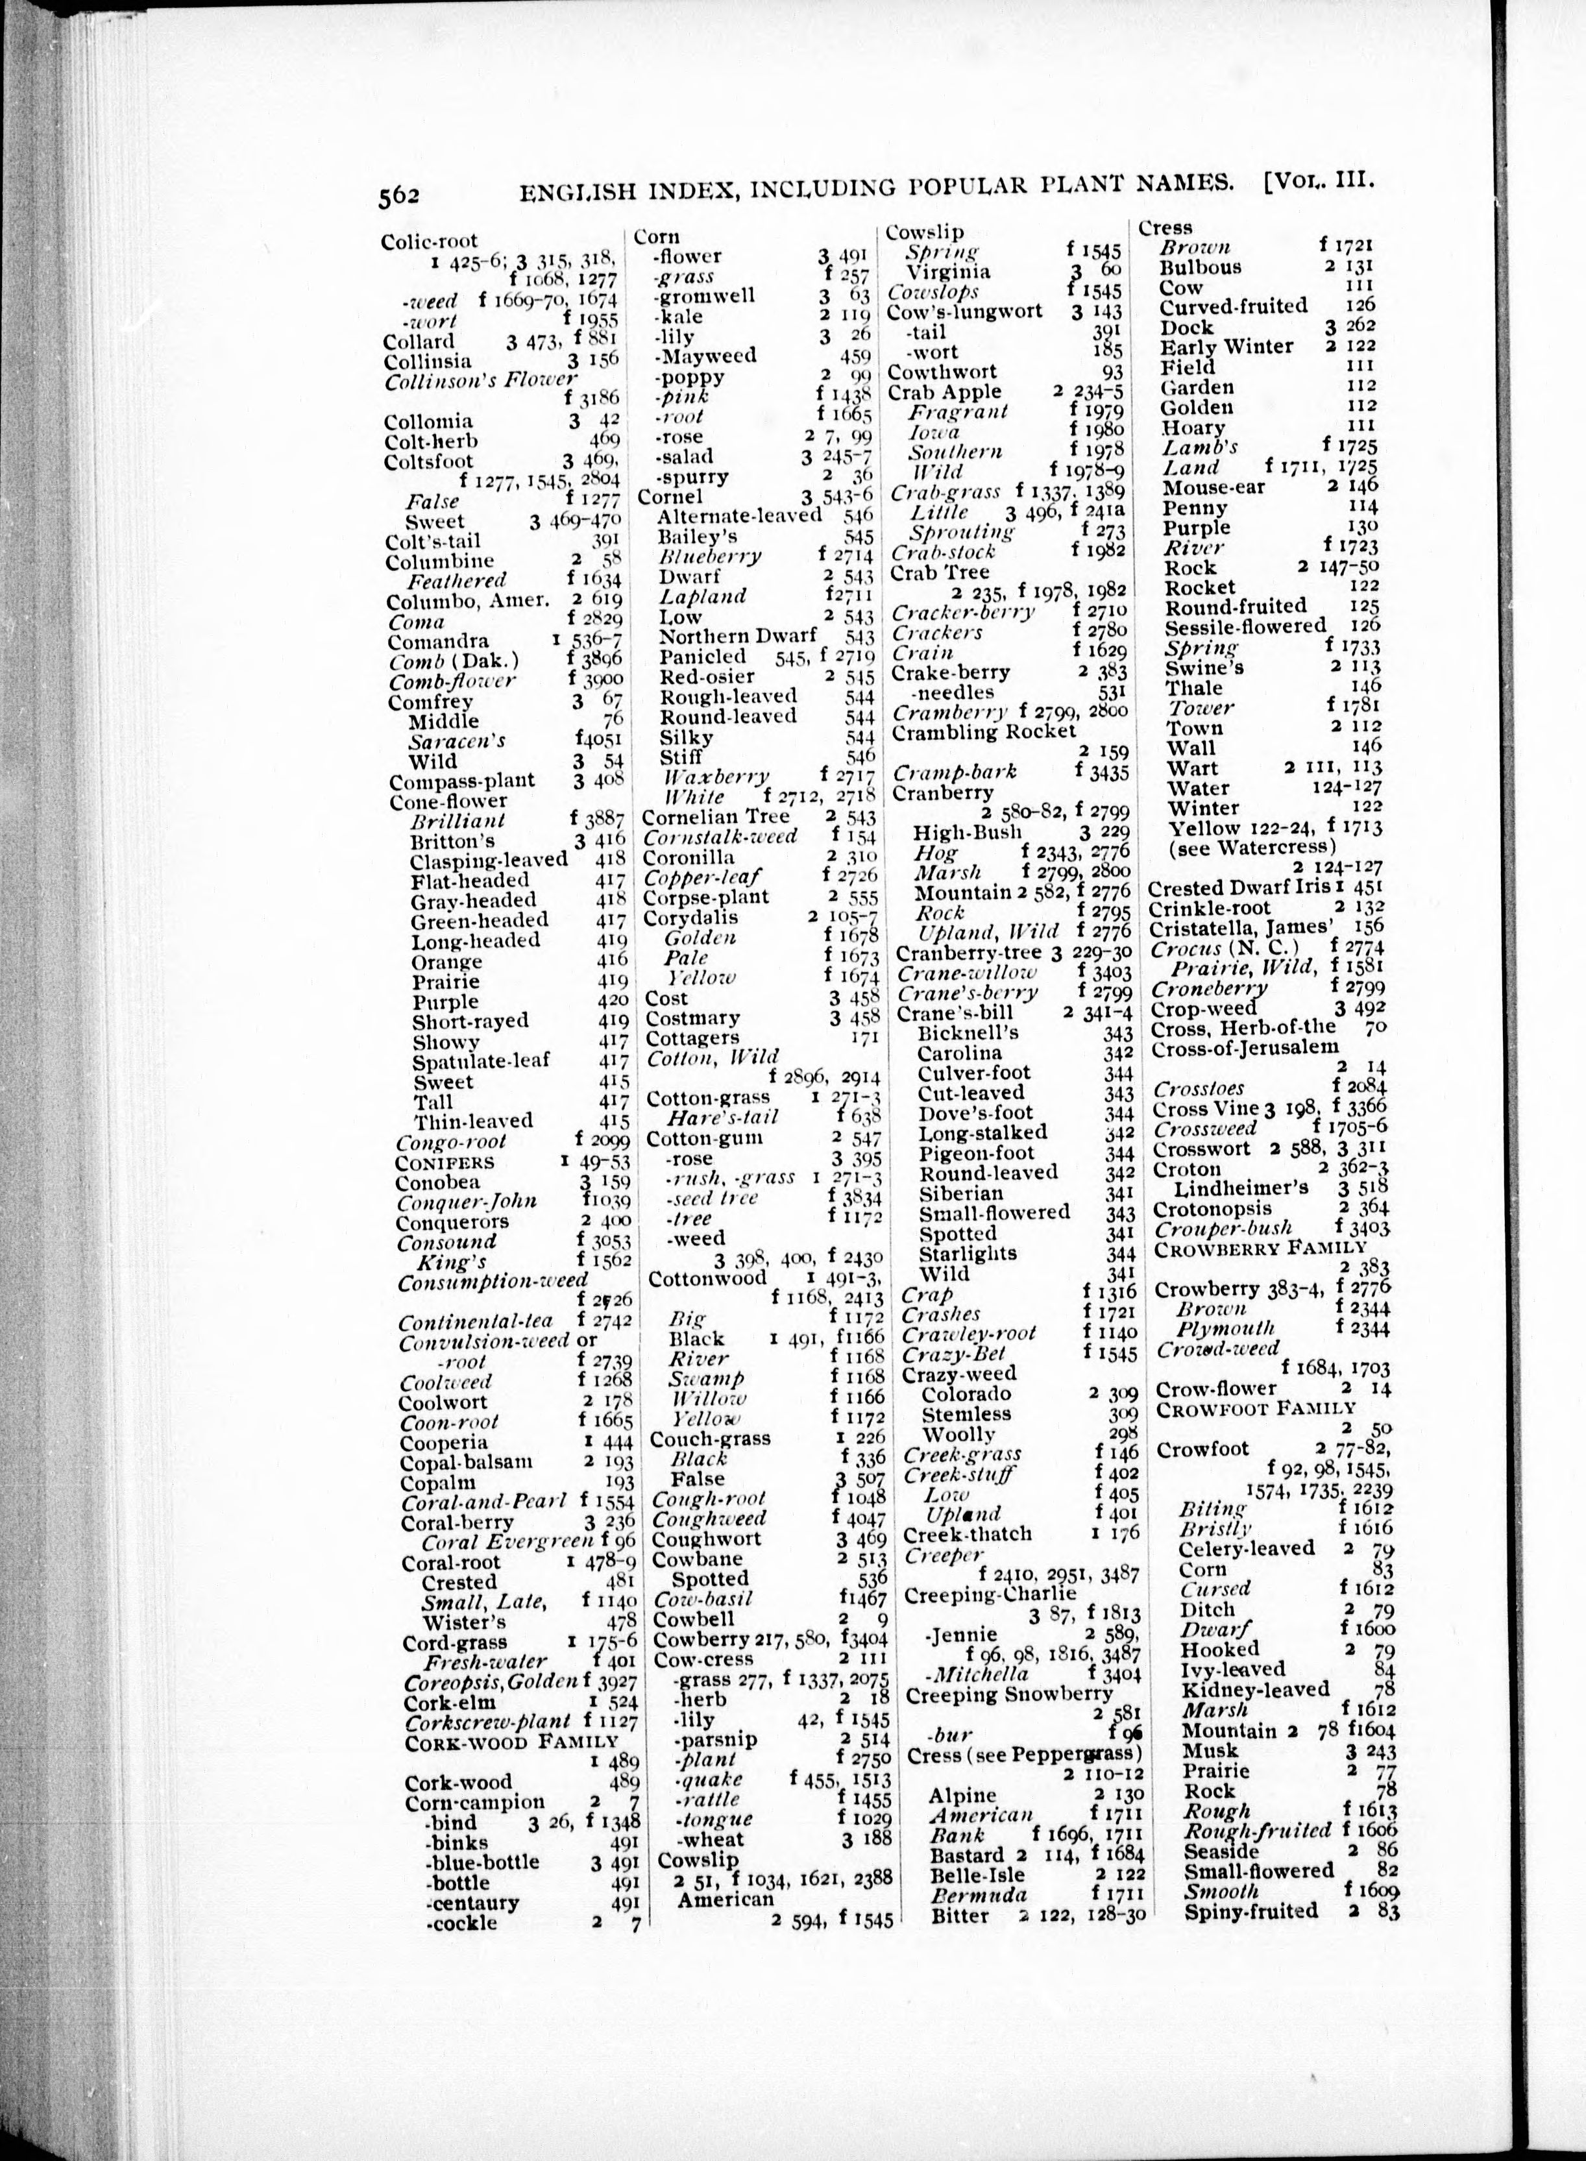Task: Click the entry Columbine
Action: coord(440,561)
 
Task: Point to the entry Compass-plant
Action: coord(462,781)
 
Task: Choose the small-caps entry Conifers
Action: coord(445,1162)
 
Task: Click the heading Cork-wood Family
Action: coord(511,1742)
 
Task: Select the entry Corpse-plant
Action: coord(705,897)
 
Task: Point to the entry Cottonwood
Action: coord(707,1278)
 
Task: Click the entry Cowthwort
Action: coord(942,372)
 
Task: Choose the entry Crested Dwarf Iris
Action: coord(1239,888)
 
